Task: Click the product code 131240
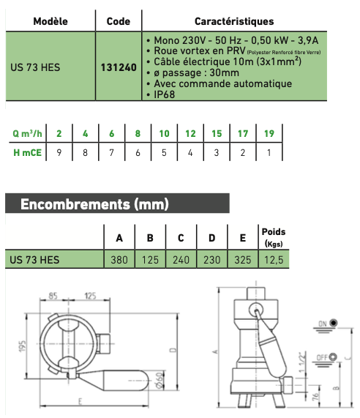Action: click(119, 67)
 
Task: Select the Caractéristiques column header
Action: click(234, 21)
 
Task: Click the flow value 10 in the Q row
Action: click(164, 133)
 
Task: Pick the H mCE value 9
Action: click(59, 153)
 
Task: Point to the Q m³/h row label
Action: click(27, 133)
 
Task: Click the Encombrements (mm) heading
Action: click(94, 204)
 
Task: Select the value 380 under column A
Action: click(119, 260)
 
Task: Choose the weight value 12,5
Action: click(274, 260)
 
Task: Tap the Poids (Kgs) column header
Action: click(274, 237)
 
